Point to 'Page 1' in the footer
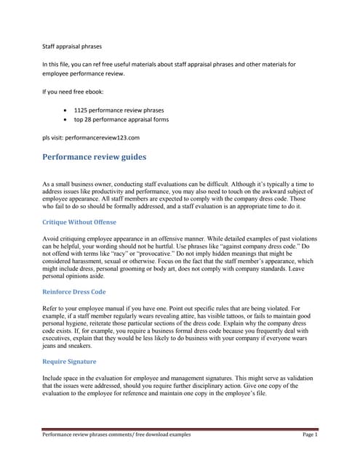pos(310,434)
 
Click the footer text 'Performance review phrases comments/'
pos(88,434)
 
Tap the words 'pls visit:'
pos(54,136)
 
